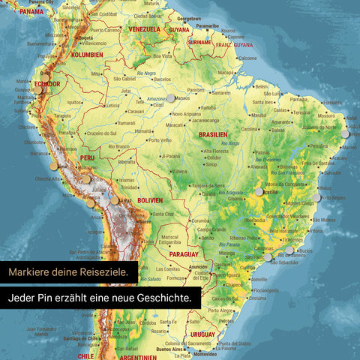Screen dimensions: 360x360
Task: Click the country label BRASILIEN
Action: [x=213, y=134]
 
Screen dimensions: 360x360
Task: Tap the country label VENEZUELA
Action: [x=145, y=28]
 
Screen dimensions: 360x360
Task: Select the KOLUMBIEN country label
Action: [x=86, y=55]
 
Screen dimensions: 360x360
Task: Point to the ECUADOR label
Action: [x=46, y=84]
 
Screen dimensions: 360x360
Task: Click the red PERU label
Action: [x=87, y=158]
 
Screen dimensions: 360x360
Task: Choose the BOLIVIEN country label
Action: [x=149, y=200]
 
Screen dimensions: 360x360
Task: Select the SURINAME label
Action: [x=199, y=43]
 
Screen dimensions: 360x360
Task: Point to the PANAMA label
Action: [x=31, y=12]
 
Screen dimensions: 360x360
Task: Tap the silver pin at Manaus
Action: [x=171, y=97]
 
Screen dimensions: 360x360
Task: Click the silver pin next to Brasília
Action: [x=259, y=192]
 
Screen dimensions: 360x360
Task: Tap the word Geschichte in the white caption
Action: [x=160, y=298]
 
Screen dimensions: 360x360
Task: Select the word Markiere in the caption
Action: [x=30, y=270]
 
